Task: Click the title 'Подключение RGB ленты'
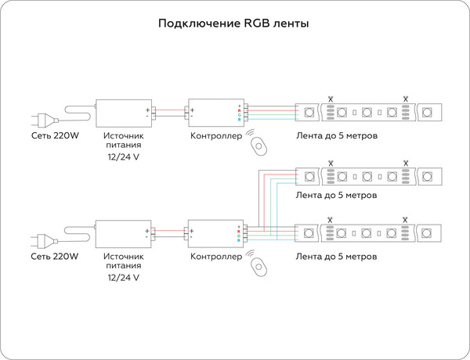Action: click(x=233, y=23)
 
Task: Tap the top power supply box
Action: click(x=124, y=113)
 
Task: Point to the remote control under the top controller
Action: click(x=258, y=144)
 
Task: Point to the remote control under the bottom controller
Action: click(x=258, y=265)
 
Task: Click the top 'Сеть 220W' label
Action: click(x=55, y=136)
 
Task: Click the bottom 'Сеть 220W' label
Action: click(x=55, y=256)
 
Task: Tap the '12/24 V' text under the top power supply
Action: click(x=124, y=157)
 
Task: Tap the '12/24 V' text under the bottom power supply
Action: click(x=124, y=278)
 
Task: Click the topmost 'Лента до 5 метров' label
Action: click(x=337, y=136)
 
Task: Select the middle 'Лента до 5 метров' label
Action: click(x=337, y=194)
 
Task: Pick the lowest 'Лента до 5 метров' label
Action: click(x=337, y=256)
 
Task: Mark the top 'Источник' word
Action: click(x=124, y=136)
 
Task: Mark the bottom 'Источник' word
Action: click(x=124, y=256)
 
